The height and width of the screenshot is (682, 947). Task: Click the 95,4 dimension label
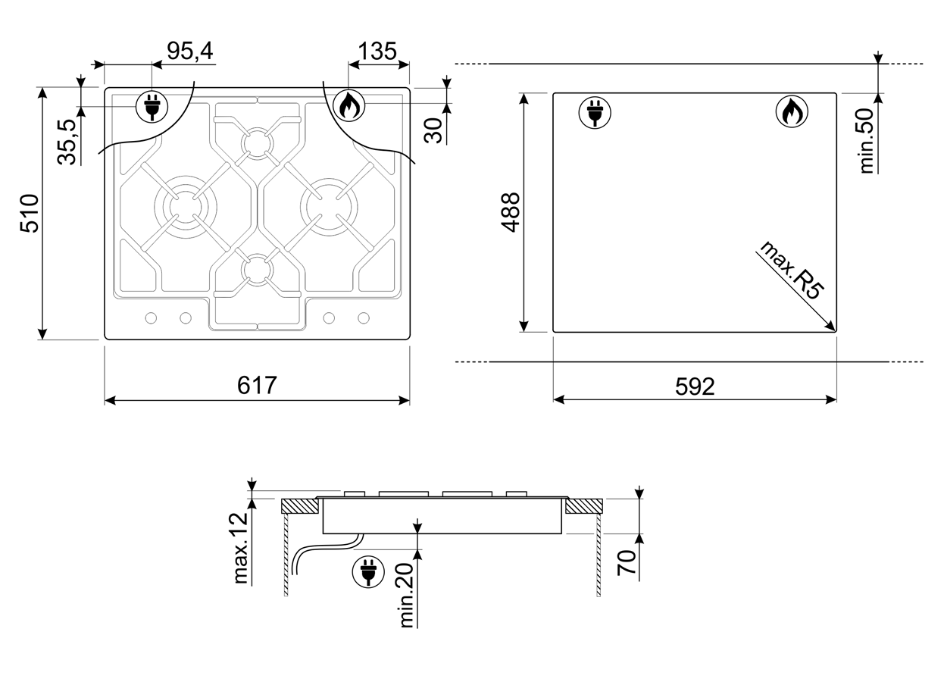(x=190, y=52)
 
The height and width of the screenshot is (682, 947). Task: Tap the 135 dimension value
(x=377, y=52)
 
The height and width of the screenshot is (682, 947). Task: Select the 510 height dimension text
(x=30, y=213)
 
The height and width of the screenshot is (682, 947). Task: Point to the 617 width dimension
(x=257, y=385)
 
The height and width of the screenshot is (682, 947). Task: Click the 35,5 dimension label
(x=67, y=142)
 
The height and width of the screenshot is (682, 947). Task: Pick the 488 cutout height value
(x=511, y=212)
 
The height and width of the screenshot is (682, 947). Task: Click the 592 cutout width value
(x=695, y=386)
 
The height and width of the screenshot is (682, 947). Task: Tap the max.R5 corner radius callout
(x=792, y=271)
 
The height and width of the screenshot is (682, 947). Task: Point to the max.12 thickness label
(x=240, y=548)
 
